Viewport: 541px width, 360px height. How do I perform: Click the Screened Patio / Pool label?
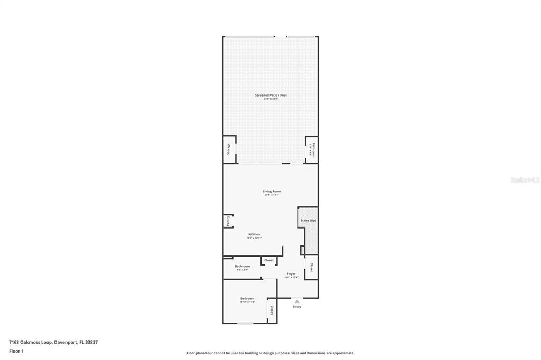click(270, 95)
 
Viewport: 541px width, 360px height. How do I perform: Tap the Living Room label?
click(272, 191)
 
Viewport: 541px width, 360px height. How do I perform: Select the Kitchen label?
click(254, 234)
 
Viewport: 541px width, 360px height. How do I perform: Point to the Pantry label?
click(228, 221)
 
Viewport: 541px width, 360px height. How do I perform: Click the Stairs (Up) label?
click(308, 220)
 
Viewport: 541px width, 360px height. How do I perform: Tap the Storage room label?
click(228, 149)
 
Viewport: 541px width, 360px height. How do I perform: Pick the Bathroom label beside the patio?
click(313, 150)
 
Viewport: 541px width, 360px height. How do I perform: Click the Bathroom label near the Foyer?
click(242, 266)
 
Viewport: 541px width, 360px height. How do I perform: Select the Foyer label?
click(291, 274)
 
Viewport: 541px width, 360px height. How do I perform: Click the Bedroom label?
click(247, 299)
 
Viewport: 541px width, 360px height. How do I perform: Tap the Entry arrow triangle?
click(297, 301)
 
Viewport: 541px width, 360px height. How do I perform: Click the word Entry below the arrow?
click(297, 307)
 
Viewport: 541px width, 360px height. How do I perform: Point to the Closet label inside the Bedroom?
click(272, 310)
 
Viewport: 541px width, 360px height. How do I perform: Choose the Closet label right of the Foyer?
click(312, 267)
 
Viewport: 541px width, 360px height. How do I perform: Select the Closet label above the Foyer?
click(269, 260)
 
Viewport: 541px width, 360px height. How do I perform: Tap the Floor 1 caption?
click(16, 351)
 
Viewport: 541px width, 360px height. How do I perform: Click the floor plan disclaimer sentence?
click(270, 353)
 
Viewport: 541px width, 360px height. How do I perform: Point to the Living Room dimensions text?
click(272, 195)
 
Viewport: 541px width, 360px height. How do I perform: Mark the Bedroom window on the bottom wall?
click(245, 323)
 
